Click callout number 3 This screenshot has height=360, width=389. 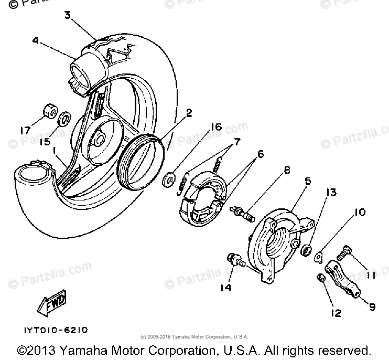point(67,15)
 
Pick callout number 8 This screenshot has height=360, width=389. point(287,170)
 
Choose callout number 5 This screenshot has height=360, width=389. point(308,182)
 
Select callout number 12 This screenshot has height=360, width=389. point(336,313)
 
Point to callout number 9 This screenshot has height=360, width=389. point(372,306)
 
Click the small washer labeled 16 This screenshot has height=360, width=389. point(169,178)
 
